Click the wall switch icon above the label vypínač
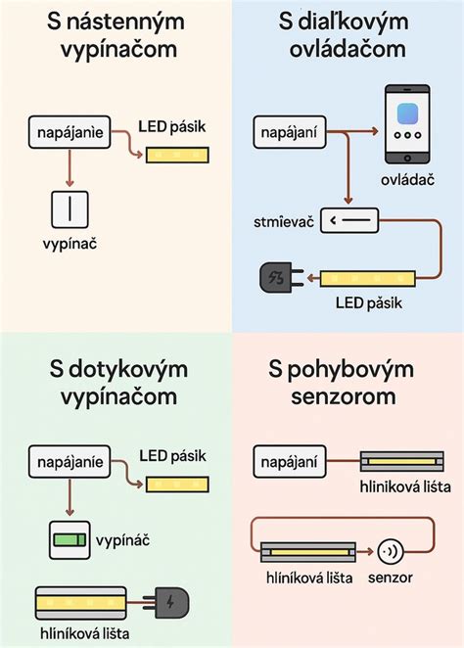[70, 209]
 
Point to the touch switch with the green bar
[70, 538]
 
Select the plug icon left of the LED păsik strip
[276, 280]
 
